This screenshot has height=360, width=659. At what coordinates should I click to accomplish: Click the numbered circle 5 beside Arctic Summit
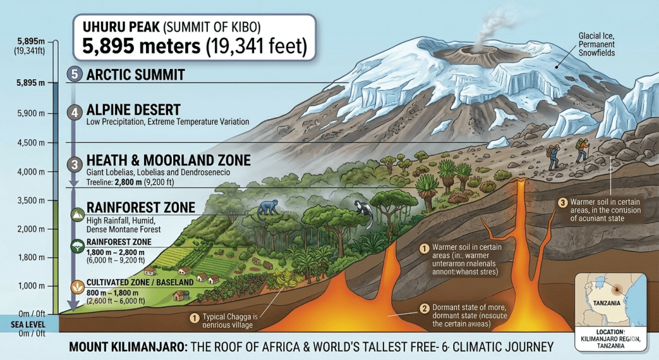coord(75,74)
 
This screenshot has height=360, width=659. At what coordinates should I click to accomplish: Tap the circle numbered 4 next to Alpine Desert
coord(75,112)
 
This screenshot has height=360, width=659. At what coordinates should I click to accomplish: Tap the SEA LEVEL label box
coord(28,325)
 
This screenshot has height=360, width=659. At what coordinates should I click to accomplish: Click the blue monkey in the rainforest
coord(268,207)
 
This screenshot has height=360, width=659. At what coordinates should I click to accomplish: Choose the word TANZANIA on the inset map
coord(598,303)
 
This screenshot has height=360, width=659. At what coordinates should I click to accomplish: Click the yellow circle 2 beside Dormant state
coord(424,308)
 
